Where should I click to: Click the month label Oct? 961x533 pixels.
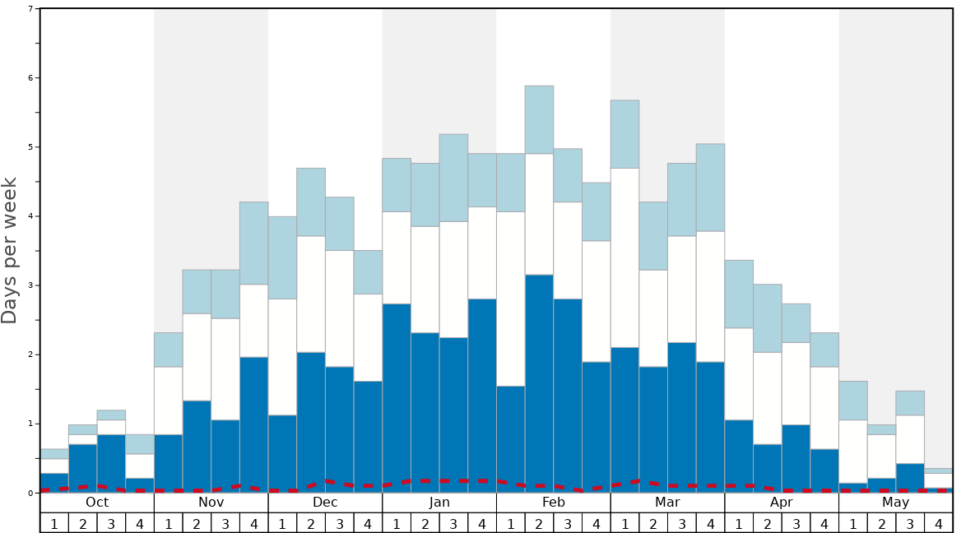click(x=97, y=503)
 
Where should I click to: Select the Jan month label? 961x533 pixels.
click(x=439, y=503)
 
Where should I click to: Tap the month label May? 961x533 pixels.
click(x=896, y=503)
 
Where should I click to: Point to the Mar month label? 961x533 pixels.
click(x=667, y=503)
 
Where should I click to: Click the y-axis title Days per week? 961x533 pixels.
click(x=10, y=250)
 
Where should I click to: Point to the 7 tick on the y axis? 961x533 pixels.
click(x=30, y=9)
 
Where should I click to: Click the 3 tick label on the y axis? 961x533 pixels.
click(x=30, y=285)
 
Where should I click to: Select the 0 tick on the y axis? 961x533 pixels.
click(x=30, y=493)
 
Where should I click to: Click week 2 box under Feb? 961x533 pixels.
click(x=539, y=523)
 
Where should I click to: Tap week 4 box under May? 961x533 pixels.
click(x=939, y=523)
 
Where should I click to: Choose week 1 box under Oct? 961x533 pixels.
click(x=54, y=523)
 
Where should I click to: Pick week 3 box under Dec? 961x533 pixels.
click(x=340, y=523)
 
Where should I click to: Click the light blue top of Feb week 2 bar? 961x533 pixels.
click(x=539, y=119)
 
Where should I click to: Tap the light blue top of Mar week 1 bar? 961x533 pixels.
click(x=624, y=134)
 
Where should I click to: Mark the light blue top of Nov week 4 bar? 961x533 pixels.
click(x=254, y=243)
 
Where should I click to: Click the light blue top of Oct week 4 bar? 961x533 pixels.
click(x=140, y=444)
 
